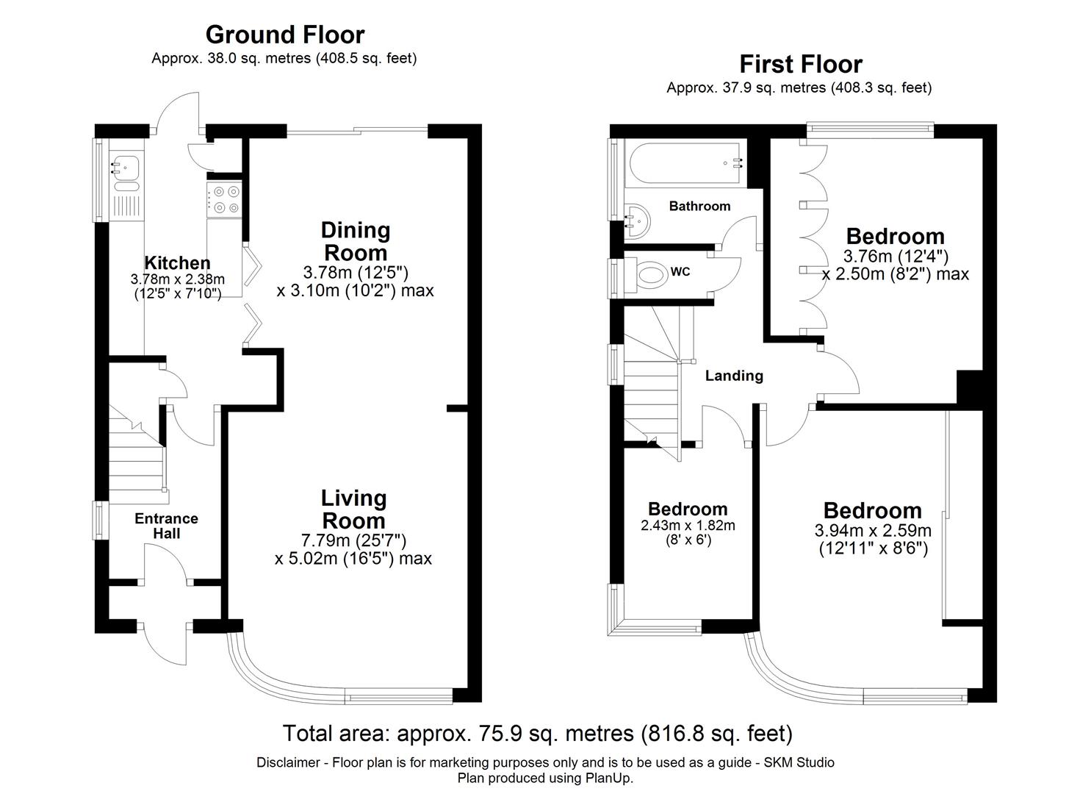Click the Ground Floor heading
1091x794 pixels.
click(284, 35)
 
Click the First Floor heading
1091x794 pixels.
click(800, 64)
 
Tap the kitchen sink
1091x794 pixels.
click(123, 167)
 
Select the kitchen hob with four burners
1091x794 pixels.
click(224, 200)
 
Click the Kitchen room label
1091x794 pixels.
click(177, 262)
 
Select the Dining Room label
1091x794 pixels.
click(356, 241)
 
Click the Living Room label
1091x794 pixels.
click(353, 509)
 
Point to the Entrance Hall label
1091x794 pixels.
click(166, 526)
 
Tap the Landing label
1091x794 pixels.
click(734, 376)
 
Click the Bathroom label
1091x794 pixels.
click(699, 206)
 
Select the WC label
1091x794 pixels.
click(680, 272)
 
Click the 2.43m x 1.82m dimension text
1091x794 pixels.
click(688, 526)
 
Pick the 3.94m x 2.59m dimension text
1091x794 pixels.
click(873, 530)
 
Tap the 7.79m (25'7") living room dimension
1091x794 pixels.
click(353, 540)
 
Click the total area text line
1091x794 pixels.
click(538, 733)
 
